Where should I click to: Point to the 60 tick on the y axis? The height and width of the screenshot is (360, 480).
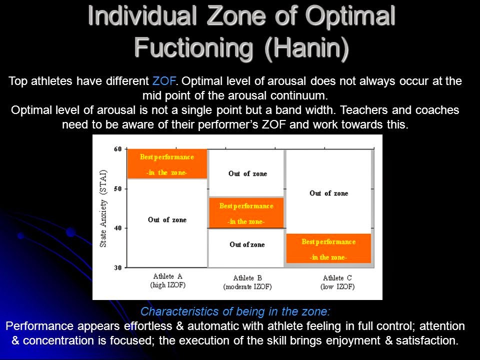[117, 149]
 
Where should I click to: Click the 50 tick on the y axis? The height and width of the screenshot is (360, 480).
[117, 188]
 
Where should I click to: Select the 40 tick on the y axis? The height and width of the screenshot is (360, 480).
[117, 228]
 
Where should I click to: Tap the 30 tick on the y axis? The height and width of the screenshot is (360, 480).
[117, 267]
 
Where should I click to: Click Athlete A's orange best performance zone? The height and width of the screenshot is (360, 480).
[167, 164]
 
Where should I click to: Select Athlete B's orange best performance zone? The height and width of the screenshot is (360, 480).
[246, 213]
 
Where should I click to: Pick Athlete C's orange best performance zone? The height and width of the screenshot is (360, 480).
[328, 249]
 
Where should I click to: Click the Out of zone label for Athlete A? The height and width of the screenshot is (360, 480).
[167, 219]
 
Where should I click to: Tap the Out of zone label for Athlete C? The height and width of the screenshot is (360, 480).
[328, 193]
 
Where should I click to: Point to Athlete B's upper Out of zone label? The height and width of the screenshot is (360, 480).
[247, 173]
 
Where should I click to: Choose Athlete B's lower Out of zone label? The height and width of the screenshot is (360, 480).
[247, 244]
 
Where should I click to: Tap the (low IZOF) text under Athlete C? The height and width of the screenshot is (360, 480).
[337, 287]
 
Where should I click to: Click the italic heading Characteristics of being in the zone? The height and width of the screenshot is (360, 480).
[235, 311]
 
